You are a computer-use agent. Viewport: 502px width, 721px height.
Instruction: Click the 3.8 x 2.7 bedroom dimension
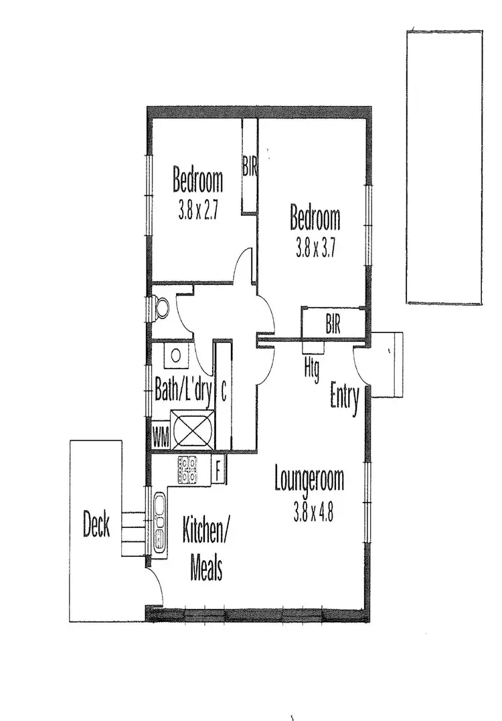pos(199,212)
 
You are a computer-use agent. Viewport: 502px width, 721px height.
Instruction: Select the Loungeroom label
pos(309,480)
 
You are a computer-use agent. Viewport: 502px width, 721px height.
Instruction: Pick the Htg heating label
pos(311,368)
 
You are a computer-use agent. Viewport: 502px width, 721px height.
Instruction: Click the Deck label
pos(96,524)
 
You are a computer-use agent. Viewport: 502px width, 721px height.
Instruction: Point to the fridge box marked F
pos(218,470)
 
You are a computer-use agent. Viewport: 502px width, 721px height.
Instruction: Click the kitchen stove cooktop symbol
pos(187,470)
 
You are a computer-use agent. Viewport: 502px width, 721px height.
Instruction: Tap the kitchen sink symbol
pos(160,524)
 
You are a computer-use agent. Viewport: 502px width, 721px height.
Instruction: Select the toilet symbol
pos(162,308)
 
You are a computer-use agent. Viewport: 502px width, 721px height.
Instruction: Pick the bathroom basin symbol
pos(177,355)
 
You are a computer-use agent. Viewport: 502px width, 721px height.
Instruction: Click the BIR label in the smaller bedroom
pos(250,167)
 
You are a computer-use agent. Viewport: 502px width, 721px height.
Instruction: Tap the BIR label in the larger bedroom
pos(333,326)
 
